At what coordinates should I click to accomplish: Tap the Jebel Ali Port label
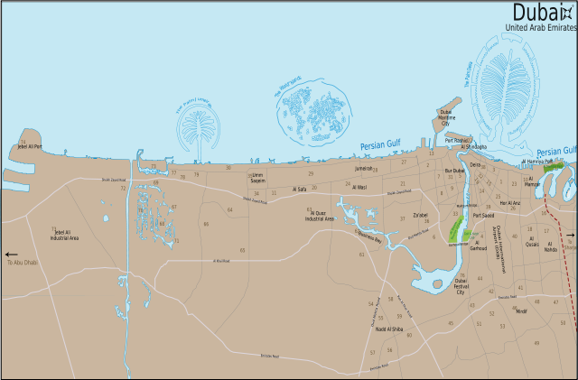[x=30, y=145]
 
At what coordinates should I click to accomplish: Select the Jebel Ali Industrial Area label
[x=67, y=236]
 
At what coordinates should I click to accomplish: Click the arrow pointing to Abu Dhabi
[x=11, y=255]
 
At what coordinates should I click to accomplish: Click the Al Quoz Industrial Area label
[x=321, y=216]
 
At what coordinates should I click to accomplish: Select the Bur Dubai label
[x=453, y=171]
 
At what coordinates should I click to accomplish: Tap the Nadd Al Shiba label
[x=388, y=329]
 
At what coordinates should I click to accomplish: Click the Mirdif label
[x=521, y=311]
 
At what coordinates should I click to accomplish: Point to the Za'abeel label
[x=420, y=216]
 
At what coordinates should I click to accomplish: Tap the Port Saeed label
[x=483, y=217]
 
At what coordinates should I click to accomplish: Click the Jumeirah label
[x=363, y=168]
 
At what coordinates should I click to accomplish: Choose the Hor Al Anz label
[x=510, y=203]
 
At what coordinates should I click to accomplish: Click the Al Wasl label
[x=356, y=188]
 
